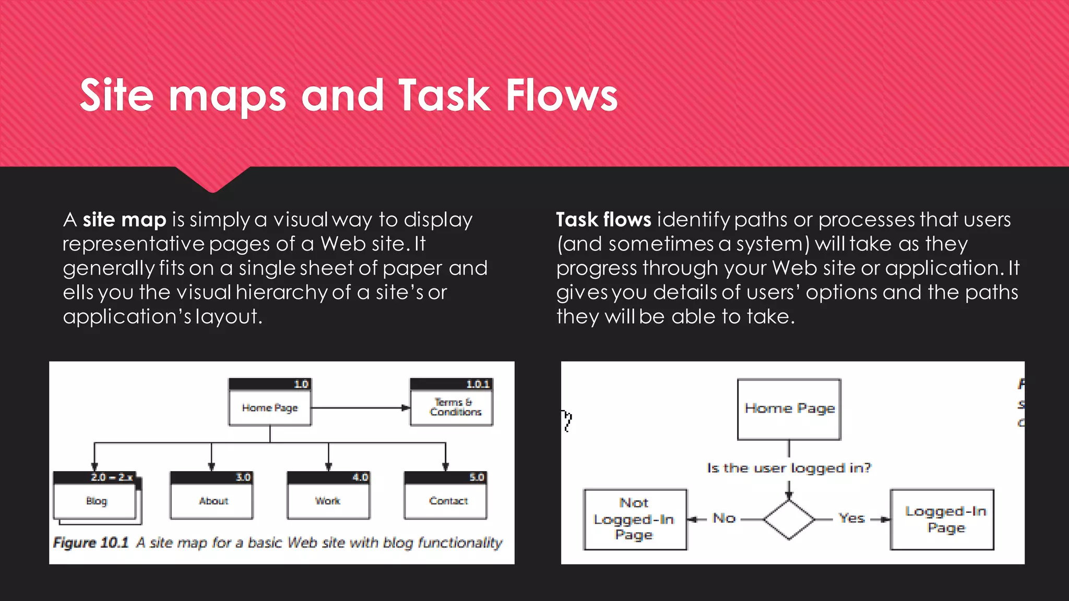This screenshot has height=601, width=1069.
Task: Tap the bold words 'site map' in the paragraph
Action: click(x=124, y=220)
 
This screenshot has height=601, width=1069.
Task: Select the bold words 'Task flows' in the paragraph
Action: click(x=603, y=220)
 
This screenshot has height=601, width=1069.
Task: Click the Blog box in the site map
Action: click(x=96, y=501)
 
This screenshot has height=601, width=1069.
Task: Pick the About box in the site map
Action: click(x=213, y=501)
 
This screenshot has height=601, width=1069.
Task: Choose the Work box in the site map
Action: click(x=328, y=501)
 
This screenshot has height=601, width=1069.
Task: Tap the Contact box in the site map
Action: click(x=448, y=501)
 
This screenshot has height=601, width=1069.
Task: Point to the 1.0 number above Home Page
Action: click(x=301, y=384)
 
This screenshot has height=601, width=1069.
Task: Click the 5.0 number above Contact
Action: click(x=477, y=477)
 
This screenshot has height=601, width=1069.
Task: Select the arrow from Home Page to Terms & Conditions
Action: click(x=360, y=408)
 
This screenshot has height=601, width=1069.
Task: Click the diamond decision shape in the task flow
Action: click(x=789, y=520)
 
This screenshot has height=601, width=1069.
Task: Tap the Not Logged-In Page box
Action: click(x=635, y=519)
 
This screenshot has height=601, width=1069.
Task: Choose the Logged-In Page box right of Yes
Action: click(x=945, y=519)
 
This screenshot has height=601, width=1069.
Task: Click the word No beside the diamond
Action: click(x=724, y=519)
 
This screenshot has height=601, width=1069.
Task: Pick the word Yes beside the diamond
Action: click(x=851, y=519)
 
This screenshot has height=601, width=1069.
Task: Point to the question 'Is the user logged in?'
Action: click(x=789, y=468)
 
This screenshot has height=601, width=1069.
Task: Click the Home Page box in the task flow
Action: click(x=789, y=409)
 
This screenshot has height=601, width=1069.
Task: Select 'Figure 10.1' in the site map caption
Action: click(x=91, y=543)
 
